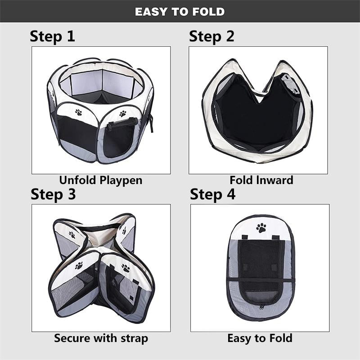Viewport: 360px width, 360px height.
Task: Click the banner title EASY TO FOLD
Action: pos(180,12)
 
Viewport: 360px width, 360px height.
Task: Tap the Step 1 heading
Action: pos(52,37)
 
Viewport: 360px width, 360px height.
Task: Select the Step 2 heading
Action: pos(211,37)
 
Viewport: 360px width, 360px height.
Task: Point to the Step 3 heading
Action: pos(53,195)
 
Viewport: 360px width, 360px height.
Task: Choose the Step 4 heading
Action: pos(212,195)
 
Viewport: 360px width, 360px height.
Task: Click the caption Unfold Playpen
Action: pos(101,180)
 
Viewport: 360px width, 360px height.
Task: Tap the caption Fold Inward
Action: pos(261,180)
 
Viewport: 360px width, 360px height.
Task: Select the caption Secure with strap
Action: pos(101,338)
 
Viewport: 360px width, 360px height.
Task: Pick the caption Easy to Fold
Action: pos(260,338)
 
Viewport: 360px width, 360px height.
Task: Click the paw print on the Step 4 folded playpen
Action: pos(261,228)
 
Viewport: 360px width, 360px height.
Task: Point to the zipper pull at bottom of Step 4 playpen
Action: pos(261,307)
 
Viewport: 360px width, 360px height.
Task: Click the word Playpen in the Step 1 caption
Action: pos(121,181)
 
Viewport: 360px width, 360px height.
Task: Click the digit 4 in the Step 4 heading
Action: pos(230,194)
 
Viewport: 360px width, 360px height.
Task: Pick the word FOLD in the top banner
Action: pos(208,12)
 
